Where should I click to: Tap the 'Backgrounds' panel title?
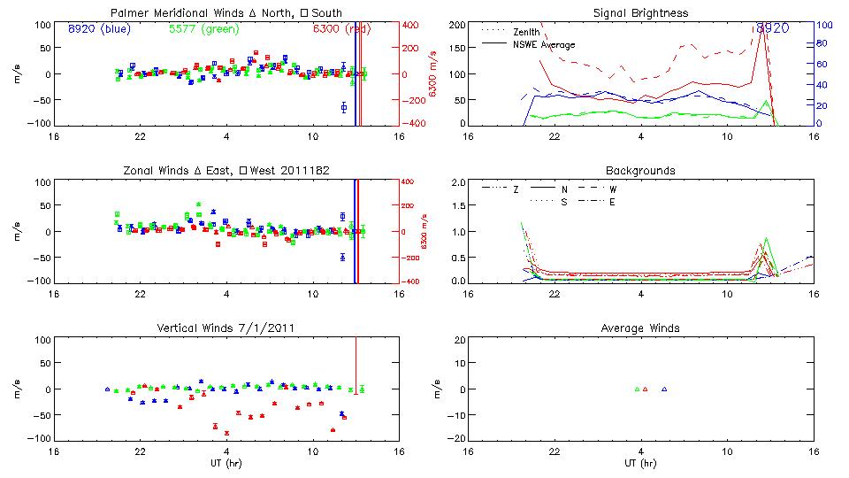[x=640, y=170]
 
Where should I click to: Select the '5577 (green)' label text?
[x=198, y=28]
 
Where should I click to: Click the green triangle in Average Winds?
[x=637, y=389]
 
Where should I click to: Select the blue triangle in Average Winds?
[x=664, y=389]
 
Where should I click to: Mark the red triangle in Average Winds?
[x=646, y=389]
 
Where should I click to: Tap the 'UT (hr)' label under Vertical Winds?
[x=226, y=462]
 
